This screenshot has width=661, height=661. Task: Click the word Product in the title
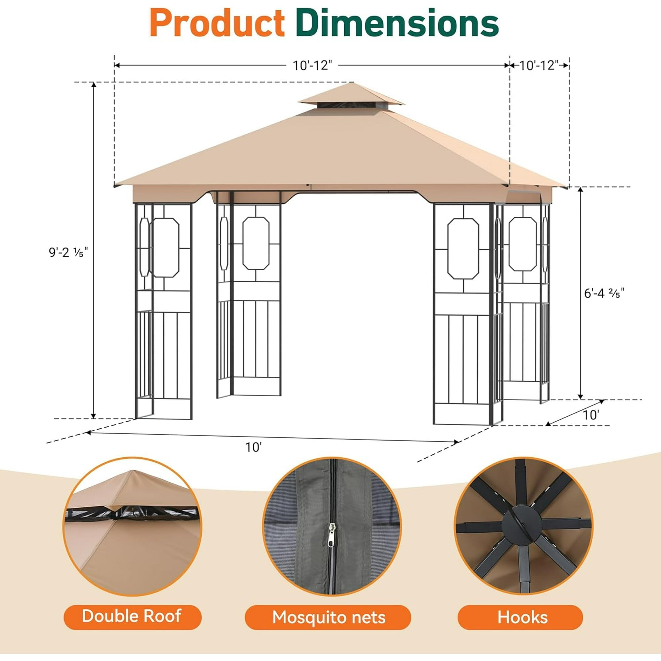pyautogui.click(x=217, y=23)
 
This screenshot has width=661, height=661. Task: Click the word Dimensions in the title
pyautogui.click(x=397, y=23)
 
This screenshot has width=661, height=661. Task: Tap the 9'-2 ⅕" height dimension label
pyautogui.click(x=68, y=252)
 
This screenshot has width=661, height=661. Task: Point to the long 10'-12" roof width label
pyautogui.click(x=312, y=65)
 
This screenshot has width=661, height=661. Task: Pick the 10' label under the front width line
pyautogui.click(x=253, y=447)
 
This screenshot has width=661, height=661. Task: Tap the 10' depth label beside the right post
pyautogui.click(x=591, y=415)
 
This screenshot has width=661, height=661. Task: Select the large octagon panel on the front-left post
pyautogui.click(x=165, y=247)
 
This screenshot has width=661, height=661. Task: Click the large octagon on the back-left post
pyautogui.click(x=255, y=243)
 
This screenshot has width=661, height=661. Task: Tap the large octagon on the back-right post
pyautogui.click(x=523, y=244)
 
